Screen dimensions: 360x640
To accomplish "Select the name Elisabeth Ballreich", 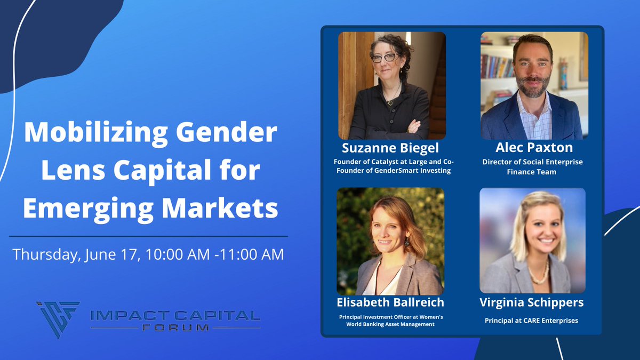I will (390, 302).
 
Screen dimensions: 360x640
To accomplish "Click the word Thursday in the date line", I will (47, 254).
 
